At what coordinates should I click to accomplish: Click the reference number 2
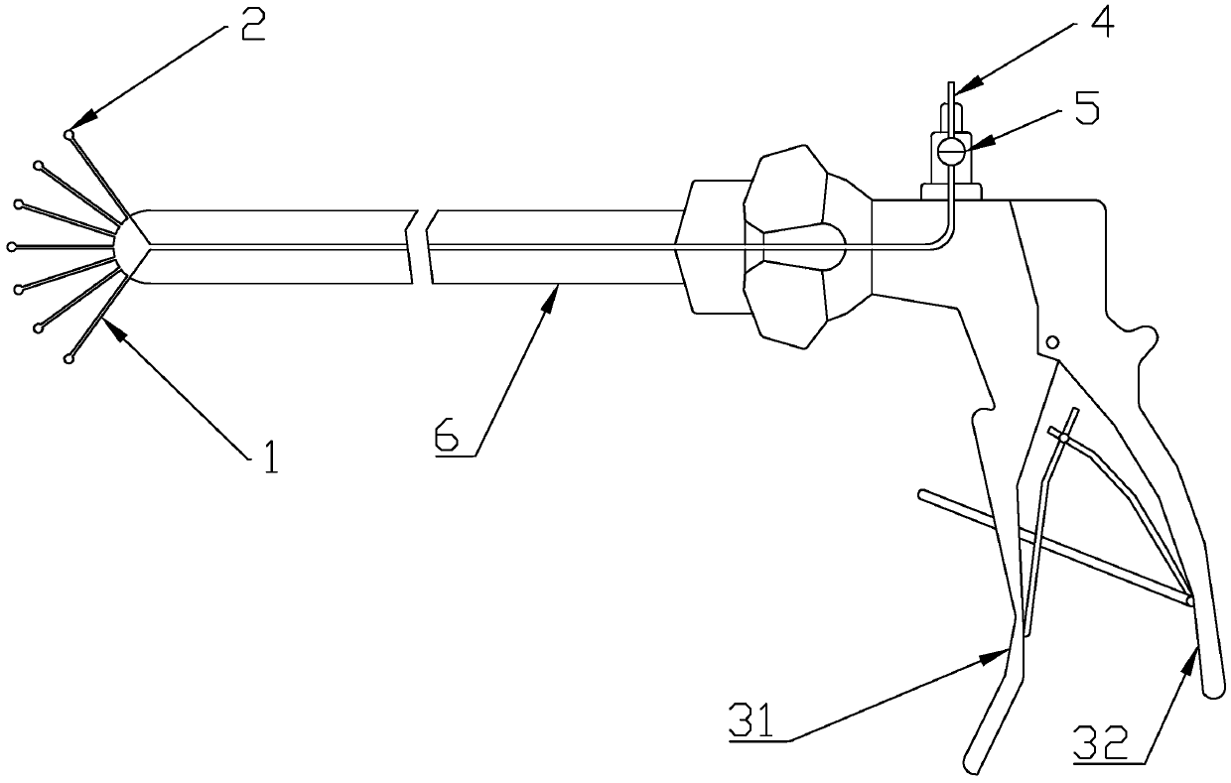252,24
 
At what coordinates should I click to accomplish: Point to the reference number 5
1087,106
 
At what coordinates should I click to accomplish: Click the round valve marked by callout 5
951,151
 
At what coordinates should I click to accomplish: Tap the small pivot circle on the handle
1052,342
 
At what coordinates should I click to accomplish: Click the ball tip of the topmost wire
68,135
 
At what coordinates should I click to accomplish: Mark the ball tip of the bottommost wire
68,358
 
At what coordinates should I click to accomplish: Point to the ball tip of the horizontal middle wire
12,246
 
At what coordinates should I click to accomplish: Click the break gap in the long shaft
421,246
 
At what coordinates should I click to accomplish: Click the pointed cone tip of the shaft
118,246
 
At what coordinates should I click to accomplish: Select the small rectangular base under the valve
951,190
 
